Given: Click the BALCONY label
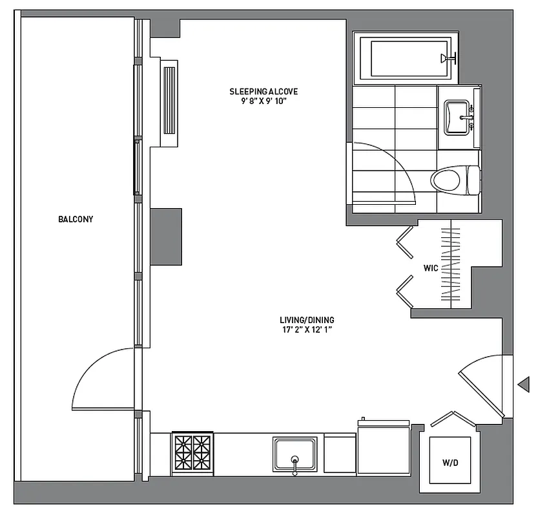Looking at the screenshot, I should pyautogui.click(x=76, y=219).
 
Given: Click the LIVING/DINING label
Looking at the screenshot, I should pyautogui.click(x=307, y=320).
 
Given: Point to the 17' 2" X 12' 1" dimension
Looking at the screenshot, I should pyautogui.click(x=307, y=331).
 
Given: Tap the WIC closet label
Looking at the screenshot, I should pyautogui.click(x=431, y=268).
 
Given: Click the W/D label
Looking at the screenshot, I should pyautogui.click(x=451, y=463).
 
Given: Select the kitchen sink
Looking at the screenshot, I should pyautogui.click(x=295, y=453).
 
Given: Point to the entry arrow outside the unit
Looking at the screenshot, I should pyautogui.click(x=524, y=385).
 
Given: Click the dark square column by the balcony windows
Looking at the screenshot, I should pyautogui.click(x=166, y=237).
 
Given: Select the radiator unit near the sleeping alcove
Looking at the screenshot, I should pyautogui.click(x=169, y=100).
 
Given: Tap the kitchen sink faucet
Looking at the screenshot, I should pyautogui.click(x=295, y=464).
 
